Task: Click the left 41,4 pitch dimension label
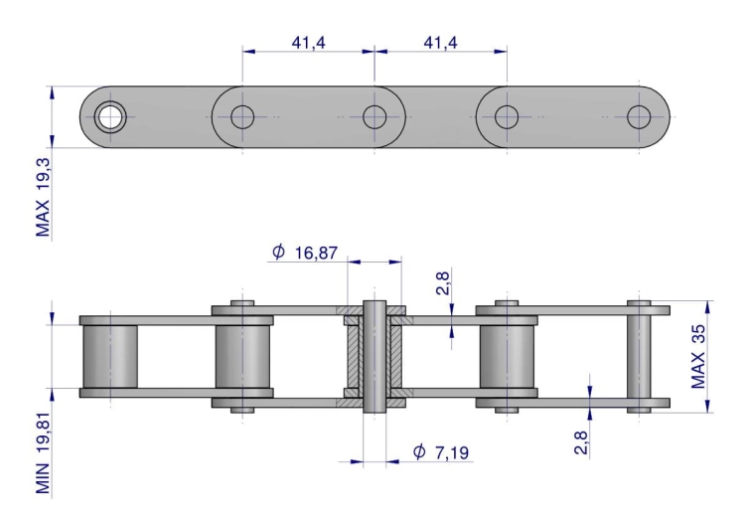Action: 308,43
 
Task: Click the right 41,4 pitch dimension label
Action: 440,43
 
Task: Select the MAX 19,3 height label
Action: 43,198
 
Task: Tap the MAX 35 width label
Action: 697,357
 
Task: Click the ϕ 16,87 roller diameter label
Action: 305,253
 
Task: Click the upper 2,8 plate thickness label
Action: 442,283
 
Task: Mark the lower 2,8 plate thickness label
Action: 581,442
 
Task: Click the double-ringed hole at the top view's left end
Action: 110,117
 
